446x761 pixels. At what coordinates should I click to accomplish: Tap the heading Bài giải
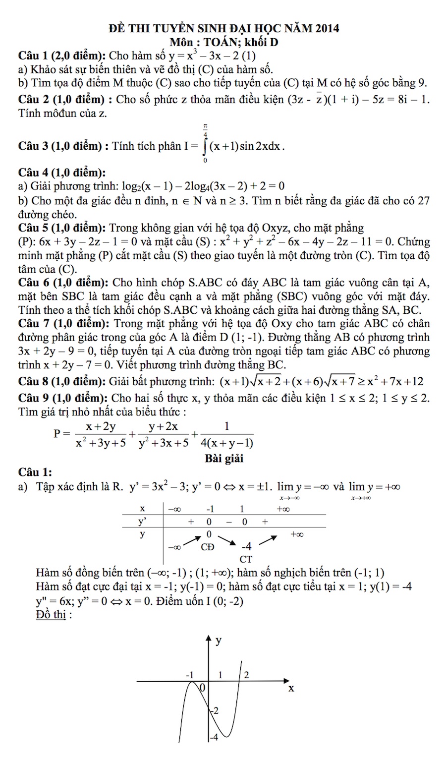224,458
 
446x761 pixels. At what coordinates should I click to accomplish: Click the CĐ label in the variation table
208,547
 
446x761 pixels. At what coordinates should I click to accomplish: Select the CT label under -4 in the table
246,559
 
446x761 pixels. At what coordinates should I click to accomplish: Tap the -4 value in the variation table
246,546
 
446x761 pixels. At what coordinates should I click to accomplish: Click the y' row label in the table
143,521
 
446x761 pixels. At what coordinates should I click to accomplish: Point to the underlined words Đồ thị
51,615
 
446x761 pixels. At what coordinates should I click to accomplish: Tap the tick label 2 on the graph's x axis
246,675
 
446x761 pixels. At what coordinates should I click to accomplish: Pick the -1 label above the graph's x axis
189,675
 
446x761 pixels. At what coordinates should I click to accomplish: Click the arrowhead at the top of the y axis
208,637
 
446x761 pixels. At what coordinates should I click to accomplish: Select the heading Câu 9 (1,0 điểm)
63,398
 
